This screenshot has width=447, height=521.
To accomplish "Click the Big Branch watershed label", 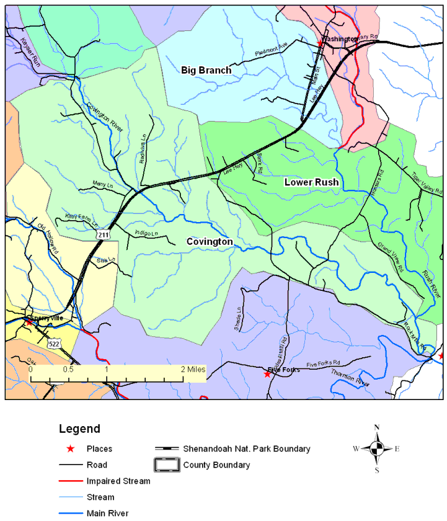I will tap(206, 70).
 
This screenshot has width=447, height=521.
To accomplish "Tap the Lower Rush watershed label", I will tap(311, 182).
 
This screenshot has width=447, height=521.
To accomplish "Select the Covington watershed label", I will tap(210, 241).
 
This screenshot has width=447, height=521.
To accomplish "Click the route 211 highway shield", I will tap(104, 234).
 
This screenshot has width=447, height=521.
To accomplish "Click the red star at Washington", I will tap(320, 43).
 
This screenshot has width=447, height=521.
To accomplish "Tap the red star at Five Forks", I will tap(267, 374).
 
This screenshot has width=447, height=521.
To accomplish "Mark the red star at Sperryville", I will tap(29, 322).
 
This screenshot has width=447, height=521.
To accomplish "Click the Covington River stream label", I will tap(105, 117).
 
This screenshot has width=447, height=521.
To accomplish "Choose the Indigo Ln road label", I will tap(146, 233).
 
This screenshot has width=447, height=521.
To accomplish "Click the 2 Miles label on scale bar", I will tap(193, 368).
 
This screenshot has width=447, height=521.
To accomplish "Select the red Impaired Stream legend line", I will tap(71, 481).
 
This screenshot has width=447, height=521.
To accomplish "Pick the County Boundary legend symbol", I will tap(167, 465).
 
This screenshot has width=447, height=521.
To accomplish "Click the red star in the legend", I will tap(71, 448).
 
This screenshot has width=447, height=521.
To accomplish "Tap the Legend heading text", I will tap(79, 429).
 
